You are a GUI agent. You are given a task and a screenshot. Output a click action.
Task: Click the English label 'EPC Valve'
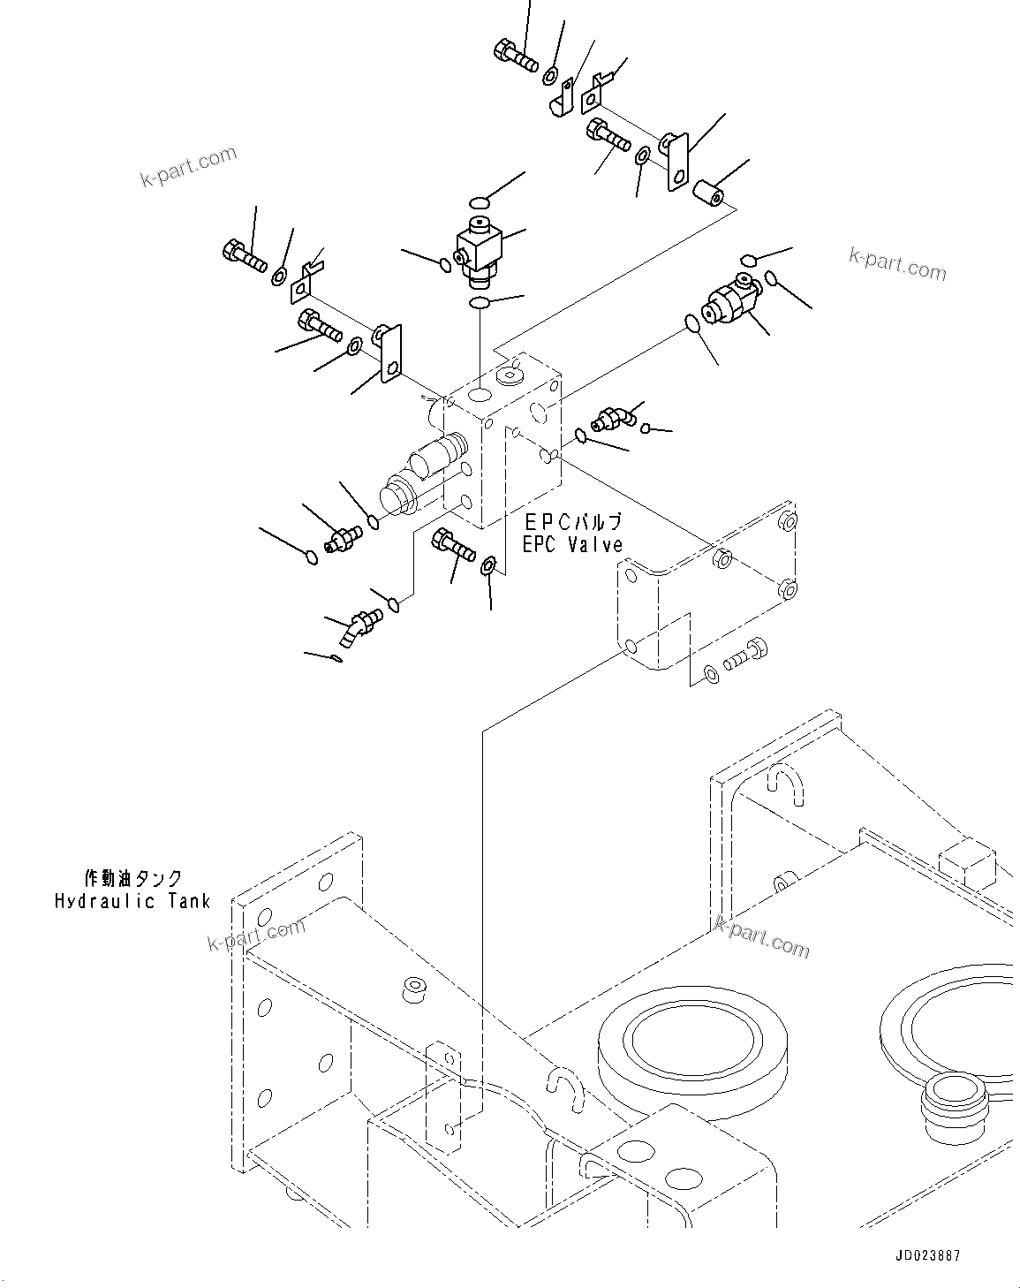click(x=572, y=545)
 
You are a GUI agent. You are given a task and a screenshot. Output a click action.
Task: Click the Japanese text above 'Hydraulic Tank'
click(x=132, y=878)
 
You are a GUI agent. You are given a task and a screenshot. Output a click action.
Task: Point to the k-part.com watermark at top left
click(x=188, y=166)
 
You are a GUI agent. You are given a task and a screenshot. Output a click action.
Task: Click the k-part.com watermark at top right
click(x=896, y=263)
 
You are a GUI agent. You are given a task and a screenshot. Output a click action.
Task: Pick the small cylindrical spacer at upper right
click(x=711, y=192)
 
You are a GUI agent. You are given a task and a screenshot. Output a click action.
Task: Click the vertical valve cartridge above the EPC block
click(x=478, y=249)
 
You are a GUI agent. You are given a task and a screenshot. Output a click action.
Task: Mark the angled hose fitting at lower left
click(x=358, y=629)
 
